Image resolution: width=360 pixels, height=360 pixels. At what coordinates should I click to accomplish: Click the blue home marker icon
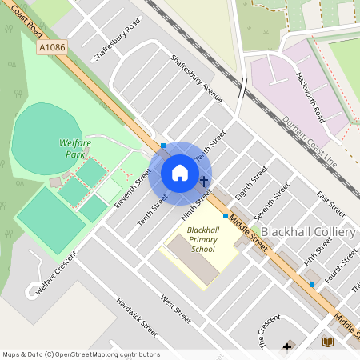tap(180, 173)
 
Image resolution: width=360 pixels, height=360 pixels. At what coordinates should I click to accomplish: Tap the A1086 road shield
tap(51, 48)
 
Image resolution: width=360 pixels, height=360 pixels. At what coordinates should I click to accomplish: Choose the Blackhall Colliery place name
tap(308, 232)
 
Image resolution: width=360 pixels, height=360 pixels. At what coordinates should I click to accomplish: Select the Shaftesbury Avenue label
tap(196, 79)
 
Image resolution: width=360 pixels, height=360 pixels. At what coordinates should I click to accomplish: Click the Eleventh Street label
tap(133, 189)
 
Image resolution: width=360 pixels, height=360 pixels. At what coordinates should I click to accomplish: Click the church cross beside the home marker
tap(205, 182)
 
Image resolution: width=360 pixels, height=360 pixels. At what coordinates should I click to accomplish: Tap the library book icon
tap(327, 342)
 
